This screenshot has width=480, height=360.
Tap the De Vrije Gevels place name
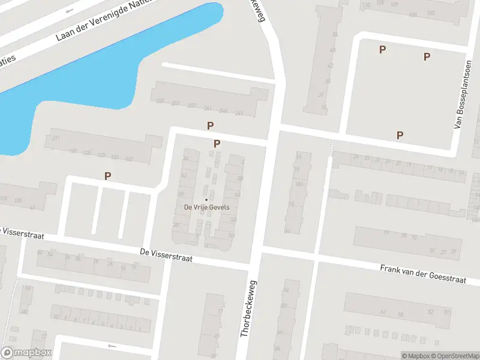(206, 208)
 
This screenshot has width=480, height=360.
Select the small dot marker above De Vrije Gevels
(206, 200)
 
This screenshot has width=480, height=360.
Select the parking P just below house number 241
(210, 125)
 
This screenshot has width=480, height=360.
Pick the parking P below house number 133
(108, 176)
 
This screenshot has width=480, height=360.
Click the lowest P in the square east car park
(400, 135)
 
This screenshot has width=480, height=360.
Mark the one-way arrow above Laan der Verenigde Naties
(69, 10)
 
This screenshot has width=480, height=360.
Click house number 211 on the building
(56, 139)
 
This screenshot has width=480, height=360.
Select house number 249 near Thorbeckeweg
(239, 113)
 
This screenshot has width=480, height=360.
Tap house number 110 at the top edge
(365, 5)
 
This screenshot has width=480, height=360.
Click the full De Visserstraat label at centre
(166, 255)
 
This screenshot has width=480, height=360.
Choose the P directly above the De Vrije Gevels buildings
(217, 143)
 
